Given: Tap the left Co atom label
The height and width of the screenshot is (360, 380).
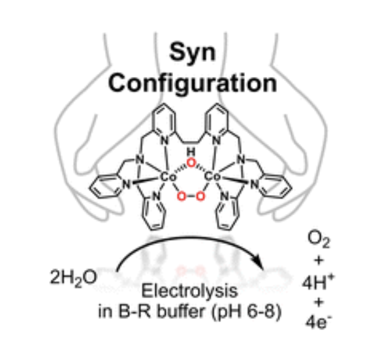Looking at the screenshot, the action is (168, 177).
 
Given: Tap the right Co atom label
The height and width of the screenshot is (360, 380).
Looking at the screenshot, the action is (212, 177).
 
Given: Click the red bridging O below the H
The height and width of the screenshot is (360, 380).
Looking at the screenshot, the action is (191, 163).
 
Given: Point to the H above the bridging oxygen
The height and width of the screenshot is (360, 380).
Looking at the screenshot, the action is (191, 152).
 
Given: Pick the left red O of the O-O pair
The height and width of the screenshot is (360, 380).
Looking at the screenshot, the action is (182, 196).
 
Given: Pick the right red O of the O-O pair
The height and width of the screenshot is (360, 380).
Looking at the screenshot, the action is (200, 196).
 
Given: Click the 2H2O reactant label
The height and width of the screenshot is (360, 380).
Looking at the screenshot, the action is (73, 278).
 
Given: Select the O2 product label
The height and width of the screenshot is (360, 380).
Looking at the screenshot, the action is (319, 240).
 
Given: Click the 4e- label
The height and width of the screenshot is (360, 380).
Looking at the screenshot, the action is (318, 322).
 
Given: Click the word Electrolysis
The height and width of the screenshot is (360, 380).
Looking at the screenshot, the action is (189, 291).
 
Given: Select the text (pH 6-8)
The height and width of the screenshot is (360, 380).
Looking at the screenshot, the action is (247, 312).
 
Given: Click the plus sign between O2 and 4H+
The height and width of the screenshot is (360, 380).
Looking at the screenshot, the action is (319, 260).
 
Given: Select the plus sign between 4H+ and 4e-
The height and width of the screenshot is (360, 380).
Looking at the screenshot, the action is (319, 302).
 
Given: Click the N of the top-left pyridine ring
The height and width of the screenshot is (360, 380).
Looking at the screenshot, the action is (165, 141).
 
